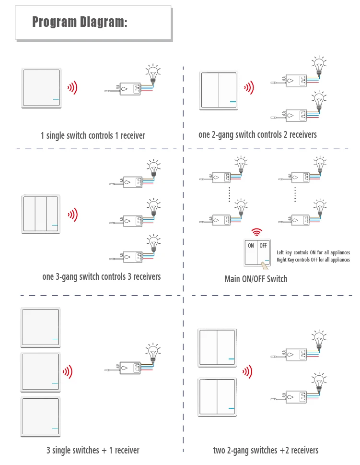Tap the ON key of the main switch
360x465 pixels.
(251, 252)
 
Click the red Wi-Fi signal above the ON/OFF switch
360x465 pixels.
(258, 233)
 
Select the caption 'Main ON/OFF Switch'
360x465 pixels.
(255, 279)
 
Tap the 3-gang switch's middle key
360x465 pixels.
(41, 215)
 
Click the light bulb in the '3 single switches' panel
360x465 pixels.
(153, 352)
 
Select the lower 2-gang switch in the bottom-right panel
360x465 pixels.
(217, 397)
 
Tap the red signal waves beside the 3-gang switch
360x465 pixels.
(72, 215)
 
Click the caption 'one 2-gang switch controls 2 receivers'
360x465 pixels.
(257, 135)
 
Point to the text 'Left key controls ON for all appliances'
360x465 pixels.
(313, 252)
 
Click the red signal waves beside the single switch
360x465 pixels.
(72, 87)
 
